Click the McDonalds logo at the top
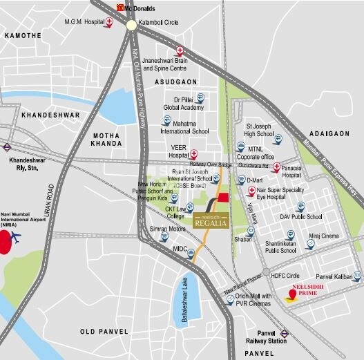coord(119,8)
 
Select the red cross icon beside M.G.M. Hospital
coord(110,23)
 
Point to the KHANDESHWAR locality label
coord(50,115)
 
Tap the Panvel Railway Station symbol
coord(285,333)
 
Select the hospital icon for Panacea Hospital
coord(276,168)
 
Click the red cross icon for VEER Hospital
coord(194,154)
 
